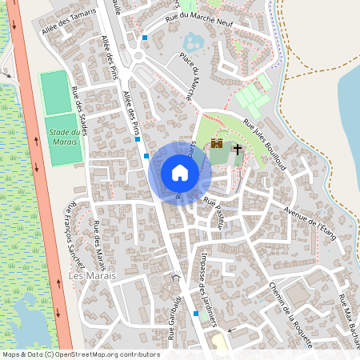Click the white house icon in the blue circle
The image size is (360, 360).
click(x=180, y=172)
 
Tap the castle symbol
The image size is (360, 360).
click(x=216, y=144)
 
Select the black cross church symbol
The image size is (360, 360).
click(x=237, y=148)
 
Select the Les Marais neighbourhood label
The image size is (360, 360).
click(x=93, y=276)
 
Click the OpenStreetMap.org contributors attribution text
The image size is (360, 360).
click(x=92, y=354)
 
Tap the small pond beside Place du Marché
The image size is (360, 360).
click(x=194, y=42)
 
